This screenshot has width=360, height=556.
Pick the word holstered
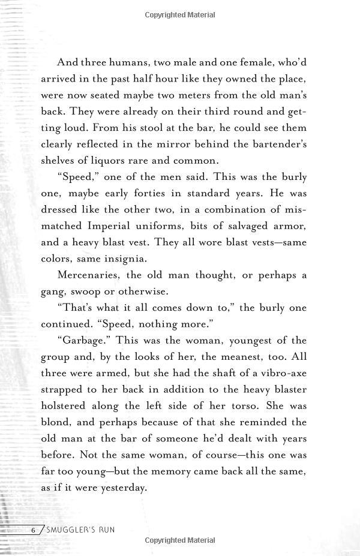64,405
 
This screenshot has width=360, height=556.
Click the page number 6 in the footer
34,530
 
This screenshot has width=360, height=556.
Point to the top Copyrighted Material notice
180,13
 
